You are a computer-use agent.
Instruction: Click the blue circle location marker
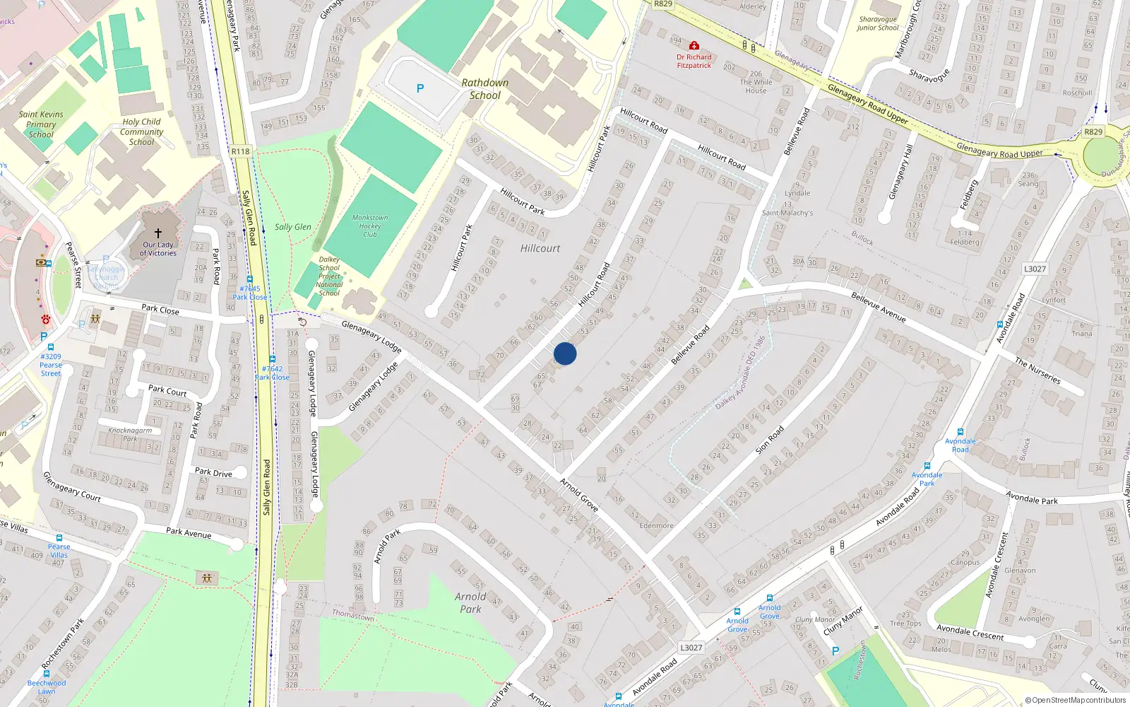point(565,353)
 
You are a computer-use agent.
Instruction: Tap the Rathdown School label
point(484,89)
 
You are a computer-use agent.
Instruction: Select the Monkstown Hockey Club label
point(370,226)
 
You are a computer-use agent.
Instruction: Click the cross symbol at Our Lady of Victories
point(158,233)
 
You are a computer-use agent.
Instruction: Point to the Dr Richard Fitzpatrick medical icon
point(694,45)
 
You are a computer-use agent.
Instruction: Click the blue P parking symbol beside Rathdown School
point(420,88)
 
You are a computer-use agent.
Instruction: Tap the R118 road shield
point(240,151)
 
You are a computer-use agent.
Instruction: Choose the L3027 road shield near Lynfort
point(1035,269)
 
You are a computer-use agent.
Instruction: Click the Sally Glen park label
point(293,227)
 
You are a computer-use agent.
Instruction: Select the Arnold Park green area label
point(470,603)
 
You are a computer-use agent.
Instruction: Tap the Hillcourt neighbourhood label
point(540,248)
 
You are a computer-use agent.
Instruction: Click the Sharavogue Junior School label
point(878,24)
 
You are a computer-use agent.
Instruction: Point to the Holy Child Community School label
point(141,132)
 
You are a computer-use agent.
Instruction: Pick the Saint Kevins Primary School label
point(41,124)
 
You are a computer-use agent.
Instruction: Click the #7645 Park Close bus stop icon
point(249,280)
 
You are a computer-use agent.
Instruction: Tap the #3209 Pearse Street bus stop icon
point(51,347)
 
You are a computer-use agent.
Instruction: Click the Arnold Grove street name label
point(579,494)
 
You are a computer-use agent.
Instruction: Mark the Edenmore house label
point(656,525)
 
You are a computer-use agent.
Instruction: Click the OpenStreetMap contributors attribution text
point(1075,700)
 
